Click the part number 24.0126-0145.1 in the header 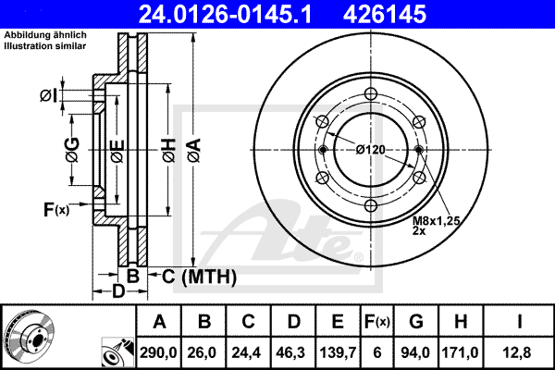[x=225, y=14]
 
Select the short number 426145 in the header [x=385, y=14]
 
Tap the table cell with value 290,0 [x=158, y=352]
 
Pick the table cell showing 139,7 [x=338, y=352]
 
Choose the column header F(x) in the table [x=377, y=322]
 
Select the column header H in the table [x=460, y=322]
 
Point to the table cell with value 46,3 [x=293, y=352]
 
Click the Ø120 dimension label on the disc [x=371, y=150]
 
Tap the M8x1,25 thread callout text [x=436, y=221]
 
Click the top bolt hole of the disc [x=371, y=93]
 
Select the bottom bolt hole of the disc [x=371, y=205]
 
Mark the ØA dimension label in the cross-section [x=194, y=151]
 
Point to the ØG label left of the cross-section [x=72, y=150]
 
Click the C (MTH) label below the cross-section [x=199, y=277]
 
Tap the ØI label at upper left [x=48, y=95]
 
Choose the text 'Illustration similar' [x=45, y=46]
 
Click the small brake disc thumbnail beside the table [x=29, y=336]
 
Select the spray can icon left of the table [x=117, y=352]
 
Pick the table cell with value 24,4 [x=246, y=352]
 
